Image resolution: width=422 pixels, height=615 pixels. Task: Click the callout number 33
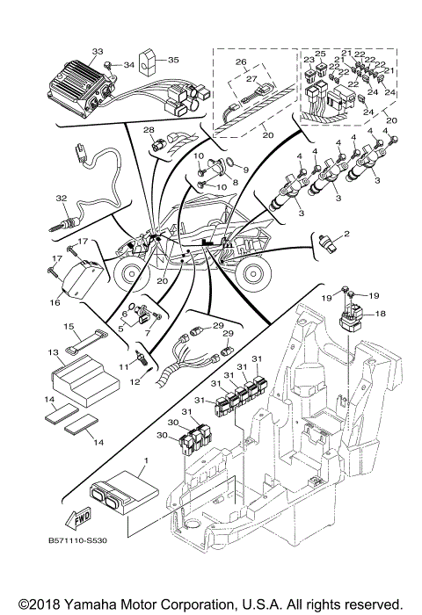pyautogui.click(x=97, y=52)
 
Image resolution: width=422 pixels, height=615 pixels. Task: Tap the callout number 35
pyautogui.click(x=173, y=61)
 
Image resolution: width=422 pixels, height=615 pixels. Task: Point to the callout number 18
pyautogui.click(x=381, y=313)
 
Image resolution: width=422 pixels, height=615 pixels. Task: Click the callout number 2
pyautogui.click(x=346, y=234)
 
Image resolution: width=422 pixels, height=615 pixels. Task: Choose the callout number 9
pyautogui.click(x=245, y=169)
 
